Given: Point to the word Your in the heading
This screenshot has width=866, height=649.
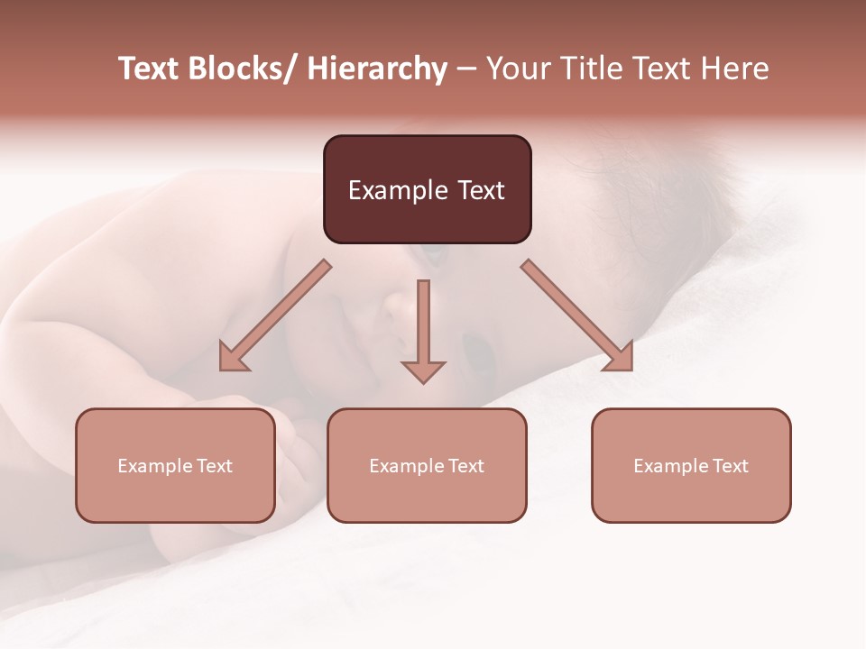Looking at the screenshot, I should pyautogui.click(x=517, y=69).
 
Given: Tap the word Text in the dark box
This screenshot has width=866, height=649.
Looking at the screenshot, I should pyautogui.click(x=480, y=190).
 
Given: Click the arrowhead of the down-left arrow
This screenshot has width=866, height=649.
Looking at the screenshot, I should pyautogui.click(x=233, y=357).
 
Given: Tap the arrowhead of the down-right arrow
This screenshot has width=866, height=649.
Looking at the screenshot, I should pyautogui.click(x=620, y=357).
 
